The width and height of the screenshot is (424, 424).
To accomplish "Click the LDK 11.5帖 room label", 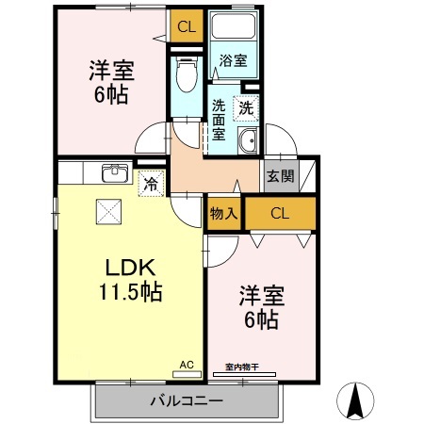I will coord(129,278).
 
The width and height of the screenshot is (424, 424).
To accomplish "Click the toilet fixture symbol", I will coord(186,70).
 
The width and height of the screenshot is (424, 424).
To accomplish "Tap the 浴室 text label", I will coord(233,61).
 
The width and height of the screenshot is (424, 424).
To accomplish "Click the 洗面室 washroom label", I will coord(219,119).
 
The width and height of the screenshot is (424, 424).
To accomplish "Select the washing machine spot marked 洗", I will coord(246,108).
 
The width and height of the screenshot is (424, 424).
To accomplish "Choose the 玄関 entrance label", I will coord(279,175).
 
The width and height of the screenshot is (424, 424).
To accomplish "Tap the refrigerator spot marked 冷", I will coord(149,183).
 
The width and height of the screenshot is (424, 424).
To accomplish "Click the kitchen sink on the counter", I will coord(115,172).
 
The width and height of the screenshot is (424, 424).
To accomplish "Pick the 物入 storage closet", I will coord(223,214).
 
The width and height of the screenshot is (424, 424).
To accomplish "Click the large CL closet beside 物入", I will coord(280,213).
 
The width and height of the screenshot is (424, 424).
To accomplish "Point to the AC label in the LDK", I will coord(186,363).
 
